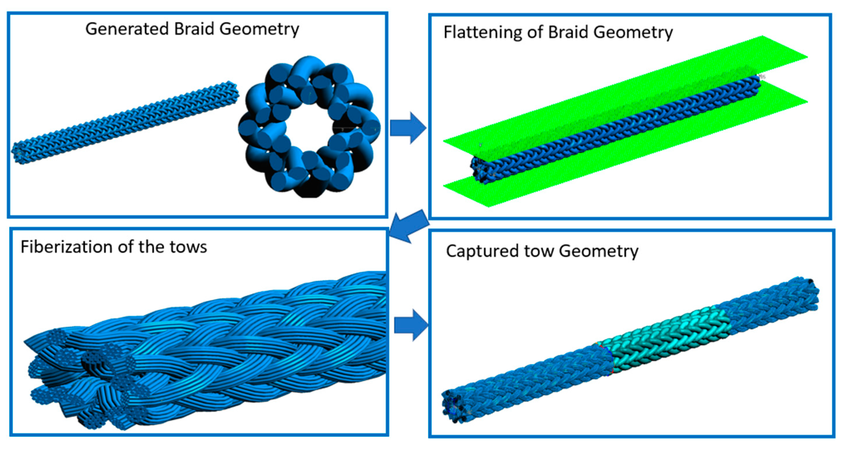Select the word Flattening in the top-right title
tap(482, 33)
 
